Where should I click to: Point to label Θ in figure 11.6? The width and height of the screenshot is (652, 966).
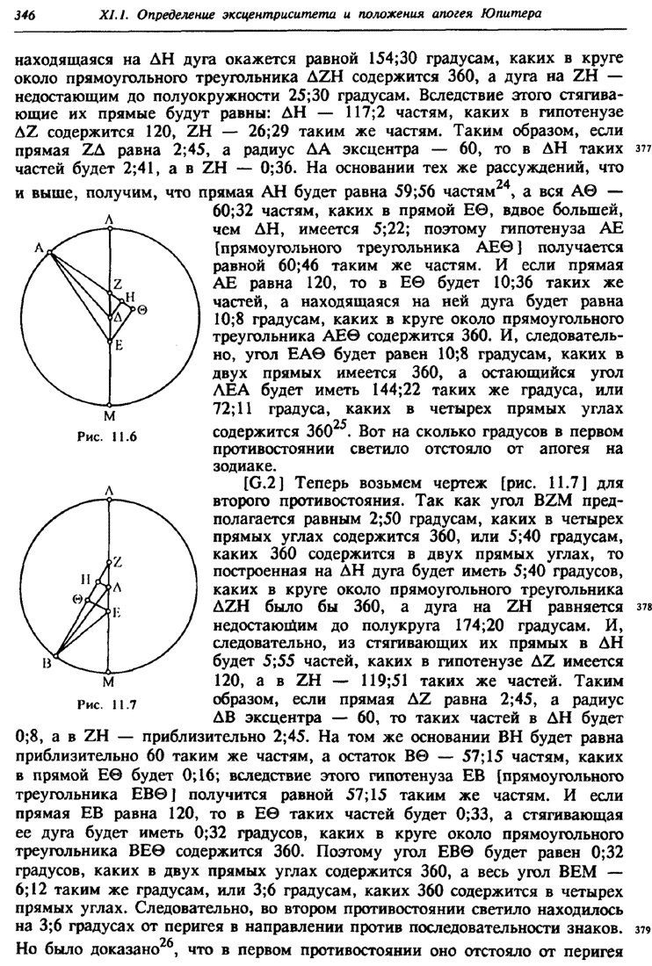[x=141, y=310]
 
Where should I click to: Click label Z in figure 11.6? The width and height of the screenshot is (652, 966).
[x=115, y=283]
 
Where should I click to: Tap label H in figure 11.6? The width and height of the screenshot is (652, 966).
[x=130, y=297]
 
